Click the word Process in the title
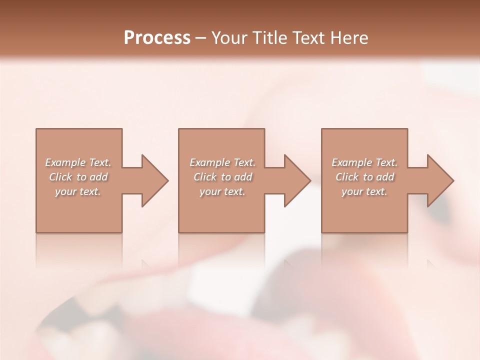(157, 38)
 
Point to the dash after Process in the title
(201, 38)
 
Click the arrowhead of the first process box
(154, 180)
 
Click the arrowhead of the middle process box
(297, 180)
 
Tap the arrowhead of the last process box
(440, 180)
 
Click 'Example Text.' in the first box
(78, 162)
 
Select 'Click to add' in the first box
(78, 177)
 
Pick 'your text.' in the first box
(78, 191)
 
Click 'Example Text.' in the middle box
(222, 162)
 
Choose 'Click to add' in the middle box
(222, 177)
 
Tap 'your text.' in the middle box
(222, 191)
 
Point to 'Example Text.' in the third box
(364, 162)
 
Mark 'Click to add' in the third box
(364, 177)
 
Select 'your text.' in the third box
(364, 191)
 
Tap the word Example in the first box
(65, 162)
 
